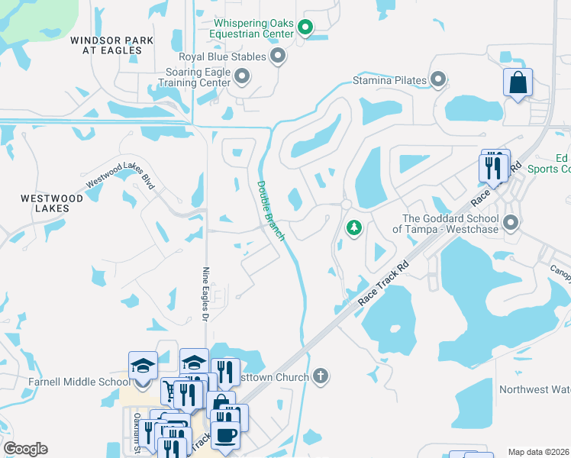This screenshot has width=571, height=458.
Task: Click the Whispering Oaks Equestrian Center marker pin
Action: [305, 29]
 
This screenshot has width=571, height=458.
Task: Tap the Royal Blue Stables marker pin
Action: [278, 56]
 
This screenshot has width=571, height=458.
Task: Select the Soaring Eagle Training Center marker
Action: [242, 76]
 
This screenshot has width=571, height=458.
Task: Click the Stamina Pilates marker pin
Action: [438, 79]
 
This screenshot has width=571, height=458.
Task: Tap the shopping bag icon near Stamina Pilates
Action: [518, 82]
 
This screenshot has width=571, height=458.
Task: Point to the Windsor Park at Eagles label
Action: [106, 45]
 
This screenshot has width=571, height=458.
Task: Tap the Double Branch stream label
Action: [270, 210]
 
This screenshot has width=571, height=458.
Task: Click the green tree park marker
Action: [354, 227]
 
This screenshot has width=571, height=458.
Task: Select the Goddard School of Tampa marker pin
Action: [511, 223]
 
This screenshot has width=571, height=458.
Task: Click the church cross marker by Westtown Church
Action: [321, 376]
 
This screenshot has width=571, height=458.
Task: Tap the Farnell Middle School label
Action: [67, 382]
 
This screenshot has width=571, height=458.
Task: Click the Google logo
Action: [25, 449]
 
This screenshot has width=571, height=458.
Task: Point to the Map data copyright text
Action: [538, 452]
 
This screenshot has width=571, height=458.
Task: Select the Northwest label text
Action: [534, 389]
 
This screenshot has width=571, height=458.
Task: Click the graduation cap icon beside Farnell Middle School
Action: [143, 365]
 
